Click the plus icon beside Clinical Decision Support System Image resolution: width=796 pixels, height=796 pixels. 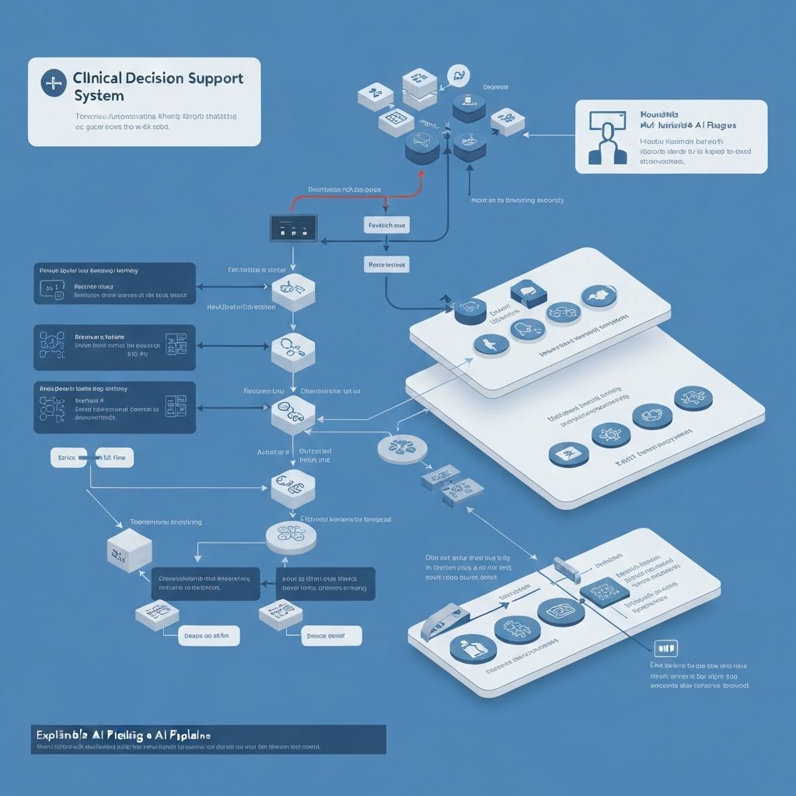tap(53, 84)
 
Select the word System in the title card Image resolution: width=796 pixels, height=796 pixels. tap(99, 96)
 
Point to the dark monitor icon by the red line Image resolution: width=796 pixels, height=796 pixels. tap(294, 227)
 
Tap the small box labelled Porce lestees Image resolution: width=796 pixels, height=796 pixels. tap(386, 265)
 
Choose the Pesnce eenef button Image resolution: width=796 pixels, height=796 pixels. tap(331, 635)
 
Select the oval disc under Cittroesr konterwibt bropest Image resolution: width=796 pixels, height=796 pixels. tap(292, 536)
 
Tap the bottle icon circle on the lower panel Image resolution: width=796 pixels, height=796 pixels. tap(473, 647)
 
